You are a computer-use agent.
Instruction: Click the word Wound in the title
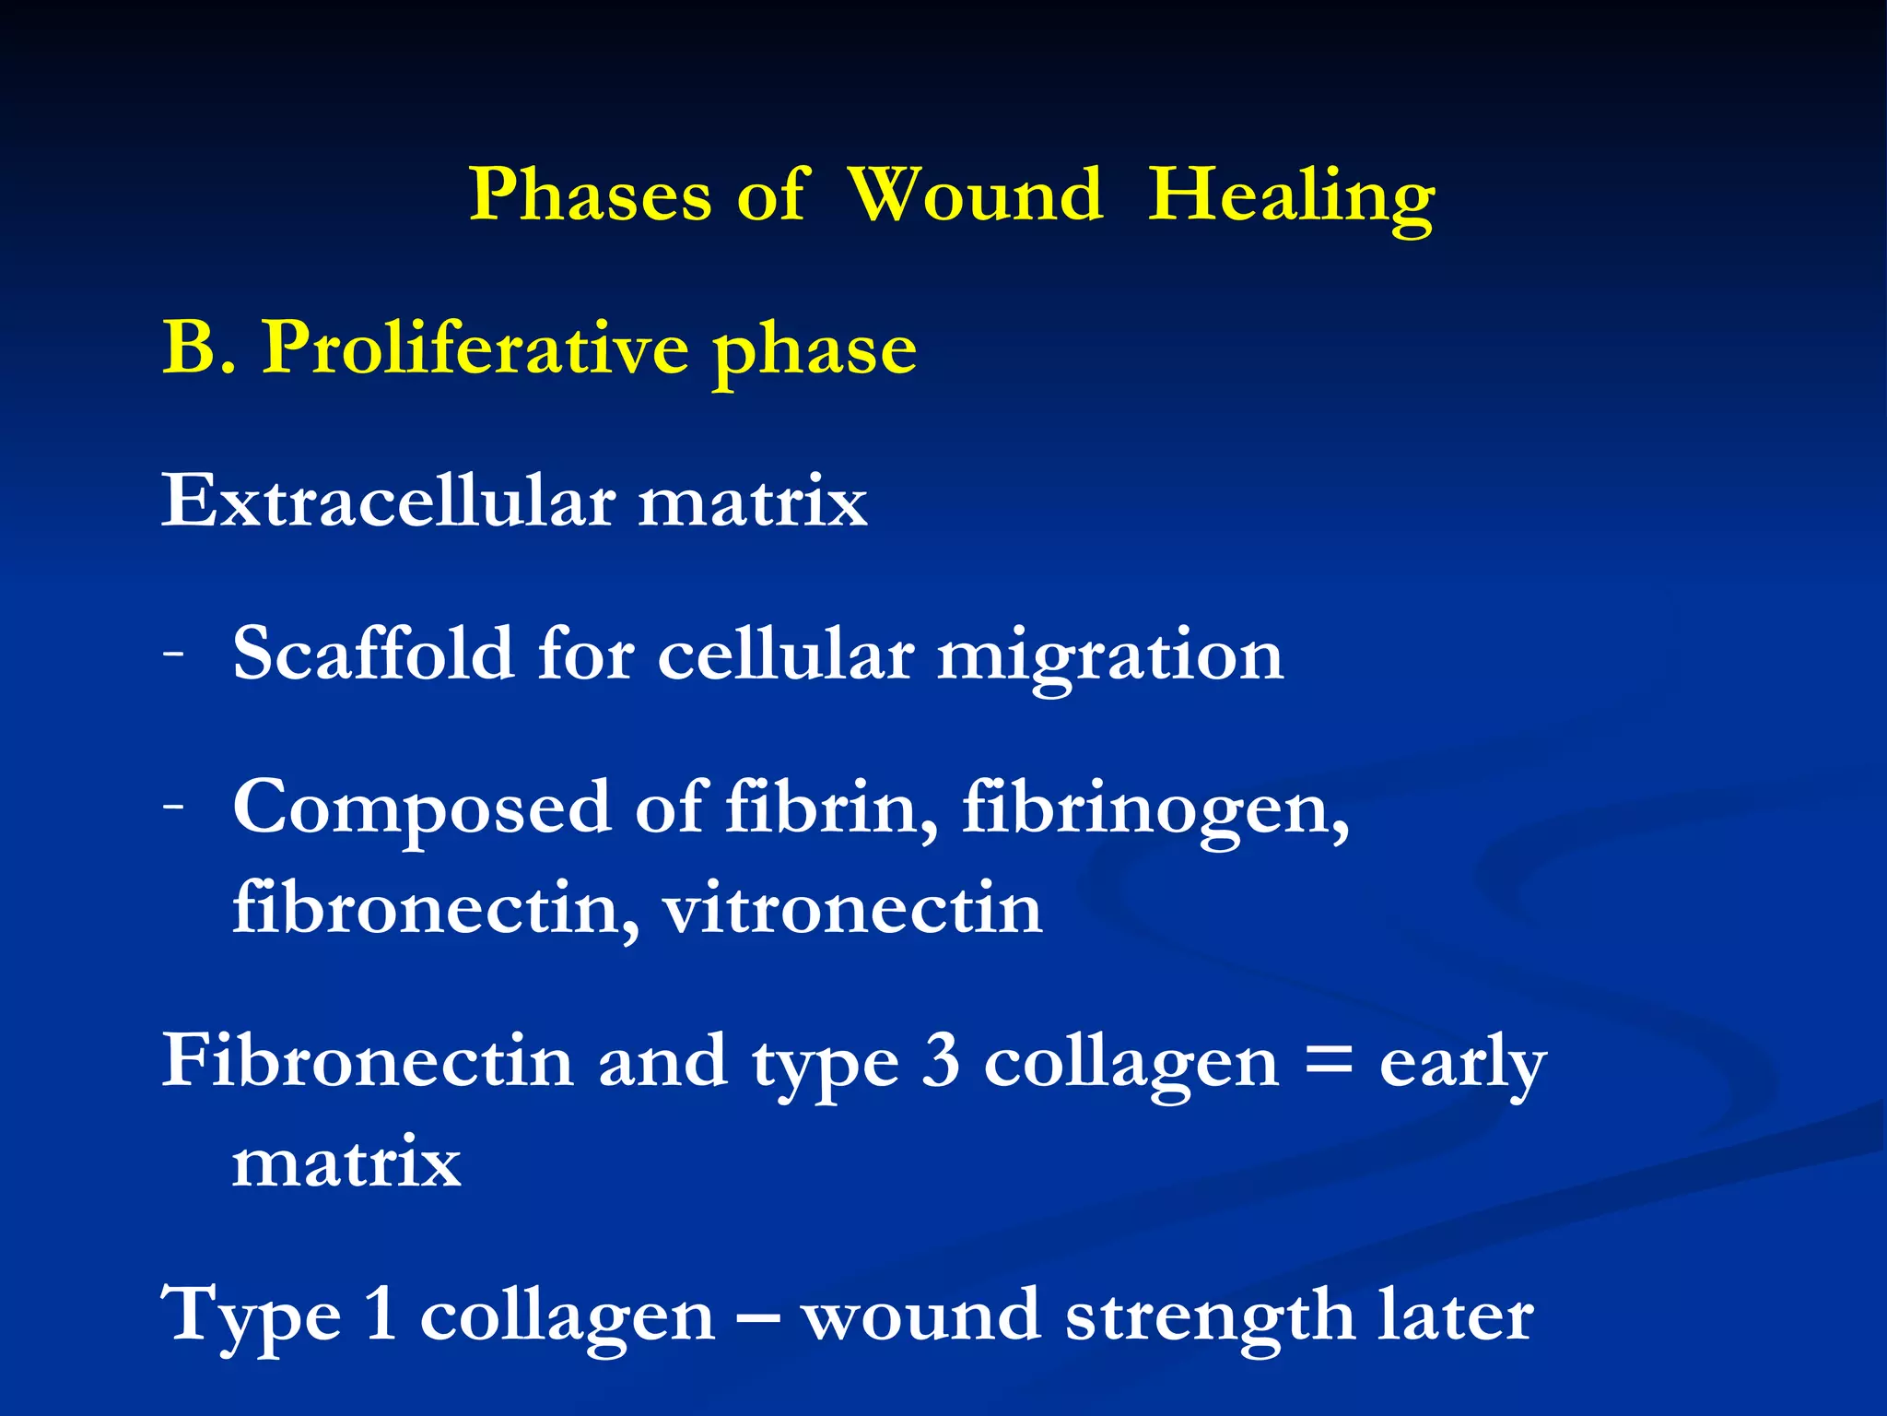point(975,195)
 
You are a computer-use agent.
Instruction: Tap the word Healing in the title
point(1291,196)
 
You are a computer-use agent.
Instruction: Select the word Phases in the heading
point(590,195)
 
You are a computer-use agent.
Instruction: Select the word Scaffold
point(372,654)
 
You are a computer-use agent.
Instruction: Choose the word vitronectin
point(852,908)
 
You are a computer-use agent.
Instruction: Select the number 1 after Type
point(381,1315)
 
